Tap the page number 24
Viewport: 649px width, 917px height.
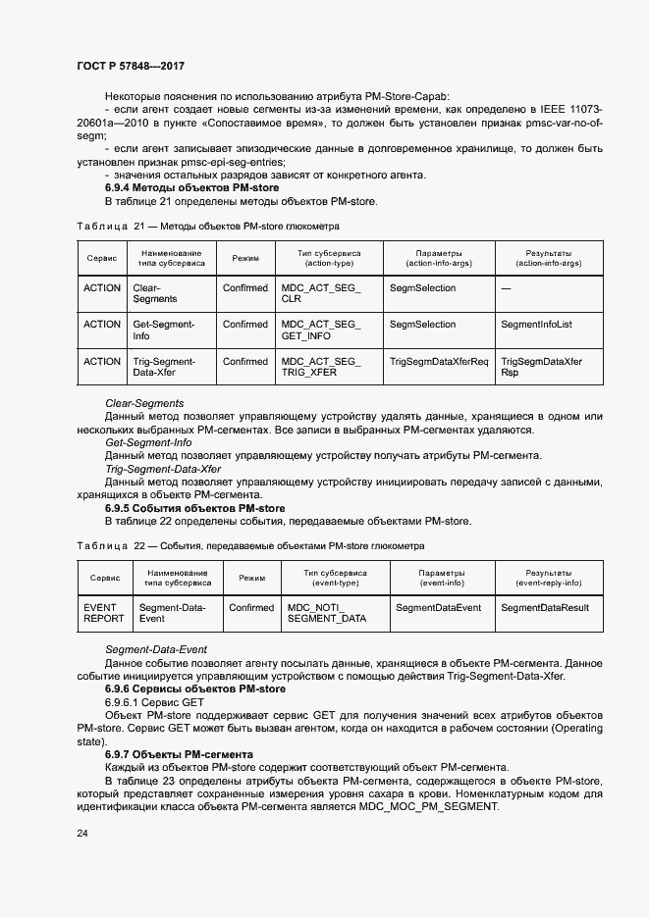[82, 833]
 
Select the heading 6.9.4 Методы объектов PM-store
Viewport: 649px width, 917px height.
[191, 187]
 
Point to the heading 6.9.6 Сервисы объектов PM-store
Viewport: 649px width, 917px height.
[194, 689]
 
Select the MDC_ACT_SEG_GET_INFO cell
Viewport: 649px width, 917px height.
[320, 330]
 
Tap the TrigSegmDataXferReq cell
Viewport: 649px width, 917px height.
[438, 361]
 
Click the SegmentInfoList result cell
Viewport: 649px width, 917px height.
[536, 324]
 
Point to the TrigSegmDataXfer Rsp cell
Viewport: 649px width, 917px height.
[541, 367]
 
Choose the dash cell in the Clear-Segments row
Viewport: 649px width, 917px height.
[506, 288]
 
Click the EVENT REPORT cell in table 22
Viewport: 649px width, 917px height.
[104, 613]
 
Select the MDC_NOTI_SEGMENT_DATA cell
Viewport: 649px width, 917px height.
[326, 613]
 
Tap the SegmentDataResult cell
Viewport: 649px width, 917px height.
[544, 608]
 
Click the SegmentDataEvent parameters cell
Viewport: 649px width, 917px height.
[438, 608]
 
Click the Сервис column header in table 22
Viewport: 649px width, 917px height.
[105, 579]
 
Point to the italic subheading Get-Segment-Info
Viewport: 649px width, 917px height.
[148, 442]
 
